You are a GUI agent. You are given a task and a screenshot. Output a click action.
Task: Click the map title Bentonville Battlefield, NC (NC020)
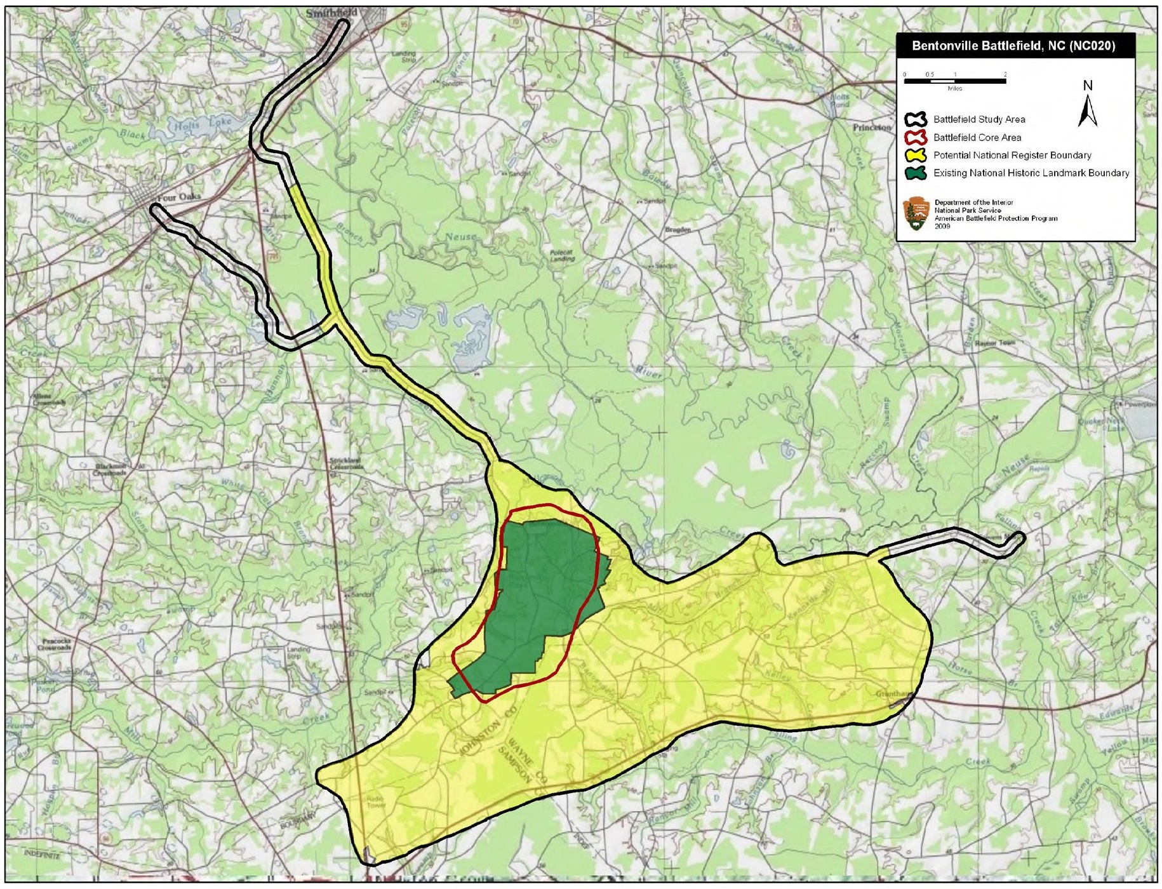click(1013, 46)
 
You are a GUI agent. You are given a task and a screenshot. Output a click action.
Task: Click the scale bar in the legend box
click(954, 81)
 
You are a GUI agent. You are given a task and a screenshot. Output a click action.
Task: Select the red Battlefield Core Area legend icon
click(916, 137)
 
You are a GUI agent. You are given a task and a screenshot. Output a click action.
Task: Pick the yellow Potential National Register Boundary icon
click(916, 155)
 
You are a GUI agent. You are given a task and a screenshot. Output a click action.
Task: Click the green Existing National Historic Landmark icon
click(916, 173)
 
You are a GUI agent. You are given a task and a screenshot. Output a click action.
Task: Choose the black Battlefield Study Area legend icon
click(916, 119)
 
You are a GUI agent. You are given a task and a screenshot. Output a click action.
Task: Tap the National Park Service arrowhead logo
click(915, 213)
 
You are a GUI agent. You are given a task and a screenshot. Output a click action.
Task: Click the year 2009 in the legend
click(942, 226)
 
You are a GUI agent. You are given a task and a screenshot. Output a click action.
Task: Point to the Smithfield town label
click(331, 13)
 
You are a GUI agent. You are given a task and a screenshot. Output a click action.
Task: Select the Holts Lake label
click(203, 124)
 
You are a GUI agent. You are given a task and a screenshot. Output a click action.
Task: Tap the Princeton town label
click(871, 127)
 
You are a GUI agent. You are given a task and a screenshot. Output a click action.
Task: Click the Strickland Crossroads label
click(346, 463)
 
